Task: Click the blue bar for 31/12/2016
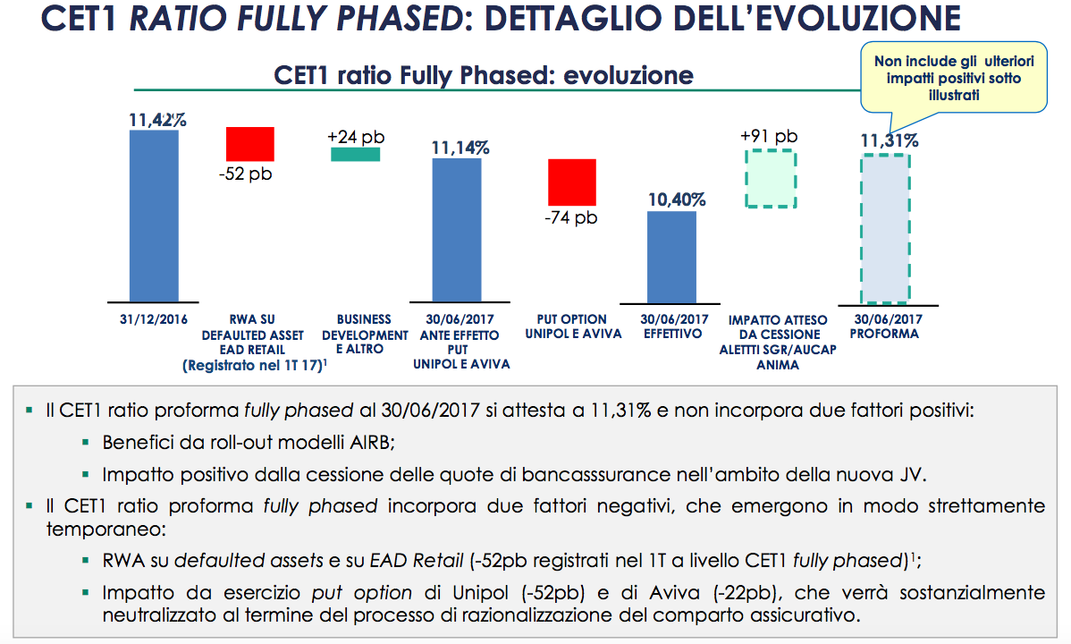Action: pos(154,216)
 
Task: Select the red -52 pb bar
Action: pos(250,143)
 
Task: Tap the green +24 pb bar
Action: pos(356,154)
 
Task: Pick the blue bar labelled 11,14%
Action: pos(456,230)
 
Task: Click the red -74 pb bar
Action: pos(571,182)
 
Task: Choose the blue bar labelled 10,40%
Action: pos(671,257)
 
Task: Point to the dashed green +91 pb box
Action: pos(770,178)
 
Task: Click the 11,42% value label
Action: pos(157,119)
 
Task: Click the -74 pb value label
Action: pos(571,216)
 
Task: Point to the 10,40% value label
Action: pos(677,199)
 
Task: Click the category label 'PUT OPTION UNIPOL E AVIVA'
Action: pos(571,326)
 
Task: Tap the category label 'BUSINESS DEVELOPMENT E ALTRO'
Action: pos(365,334)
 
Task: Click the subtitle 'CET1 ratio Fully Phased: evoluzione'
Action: pos(484,74)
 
